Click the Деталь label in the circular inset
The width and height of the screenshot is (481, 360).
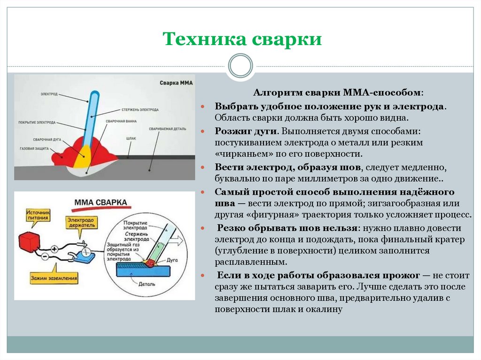click(x=146, y=284)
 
